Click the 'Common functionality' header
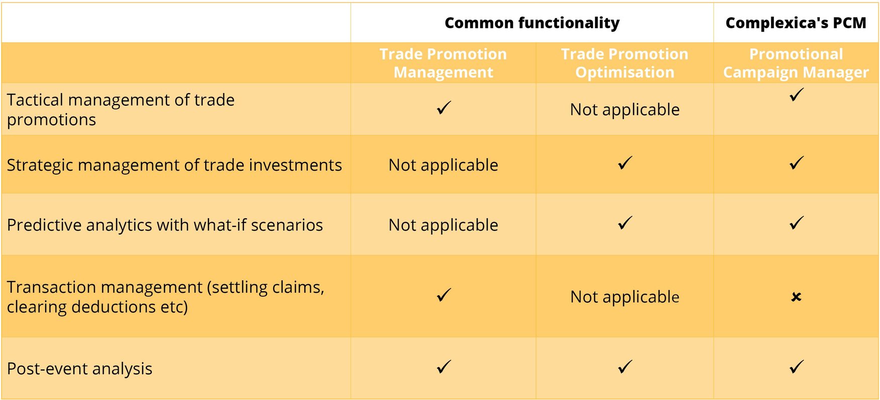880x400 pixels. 532,23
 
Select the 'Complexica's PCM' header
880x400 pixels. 796,23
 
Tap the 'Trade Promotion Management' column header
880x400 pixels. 443,63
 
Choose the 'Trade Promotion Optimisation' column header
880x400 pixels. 625,63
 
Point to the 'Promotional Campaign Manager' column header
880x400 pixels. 796,63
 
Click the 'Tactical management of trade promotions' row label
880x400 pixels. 121,110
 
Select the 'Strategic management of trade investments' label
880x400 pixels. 174,165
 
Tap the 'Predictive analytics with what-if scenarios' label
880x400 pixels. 165,225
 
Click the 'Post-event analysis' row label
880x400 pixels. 79,369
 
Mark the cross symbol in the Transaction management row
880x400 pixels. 796,297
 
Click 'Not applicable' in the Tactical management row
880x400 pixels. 625,110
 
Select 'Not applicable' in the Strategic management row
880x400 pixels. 443,165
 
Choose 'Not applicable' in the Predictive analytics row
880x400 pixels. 443,225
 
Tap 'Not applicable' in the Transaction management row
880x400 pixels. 625,297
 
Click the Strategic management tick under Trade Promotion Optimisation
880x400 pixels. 625,163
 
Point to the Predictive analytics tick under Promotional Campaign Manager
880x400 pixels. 797,223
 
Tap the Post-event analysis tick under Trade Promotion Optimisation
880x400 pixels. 625,367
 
